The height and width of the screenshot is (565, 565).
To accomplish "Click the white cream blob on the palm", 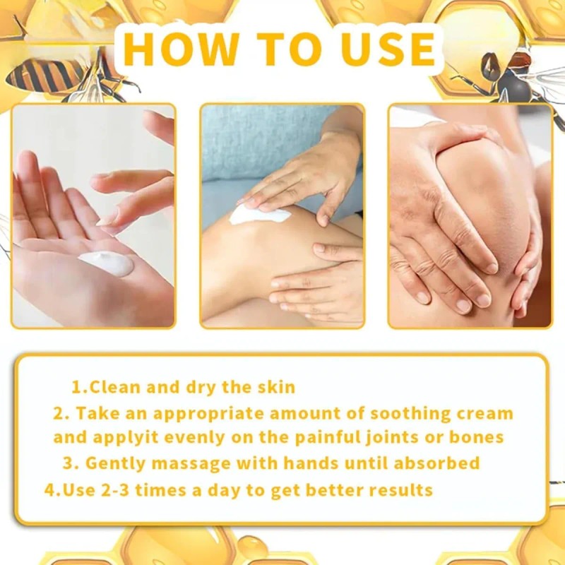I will (x=106, y=263).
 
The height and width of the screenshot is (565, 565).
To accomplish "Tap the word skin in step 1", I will (x=276, y=387).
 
